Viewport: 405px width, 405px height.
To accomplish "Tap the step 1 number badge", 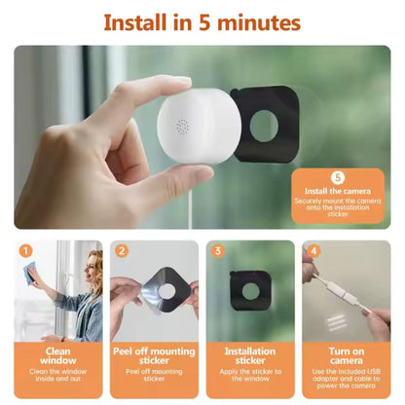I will click(x=26, y=251).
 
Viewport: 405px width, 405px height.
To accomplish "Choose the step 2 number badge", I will click(x=122, y=251).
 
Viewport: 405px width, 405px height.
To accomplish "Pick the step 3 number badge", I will click(x=218, y=251).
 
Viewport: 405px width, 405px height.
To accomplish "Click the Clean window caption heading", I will click(x=58, y=356).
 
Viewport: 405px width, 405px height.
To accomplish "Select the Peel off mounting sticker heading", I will click(x=154, y=356).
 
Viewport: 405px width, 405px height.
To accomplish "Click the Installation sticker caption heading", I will click(x=250, y=356).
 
